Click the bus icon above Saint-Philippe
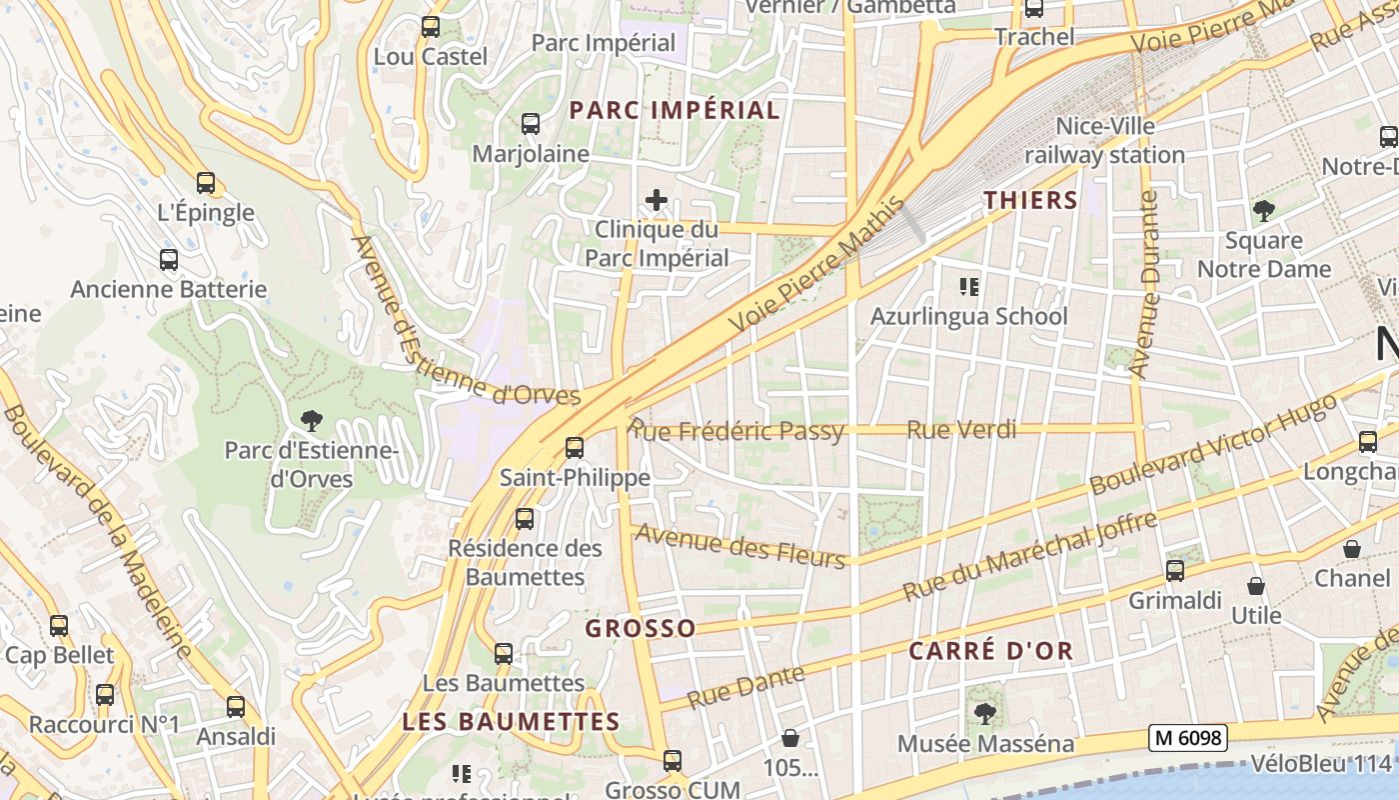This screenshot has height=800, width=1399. coord(574,448)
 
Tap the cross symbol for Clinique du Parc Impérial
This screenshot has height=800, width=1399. coord(657,200)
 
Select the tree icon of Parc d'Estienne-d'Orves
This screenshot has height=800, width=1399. coord(311,420)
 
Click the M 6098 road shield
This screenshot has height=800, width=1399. coord(1187,738)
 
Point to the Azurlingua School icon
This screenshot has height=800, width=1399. coord(968,287)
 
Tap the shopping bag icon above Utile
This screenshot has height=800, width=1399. coord(1256,586)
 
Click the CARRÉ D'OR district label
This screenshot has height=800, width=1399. coord(990,651)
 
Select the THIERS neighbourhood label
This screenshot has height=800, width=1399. coord(1030,200)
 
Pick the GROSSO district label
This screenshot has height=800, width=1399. coord(640,628)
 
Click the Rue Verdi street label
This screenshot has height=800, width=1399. coord(961,430)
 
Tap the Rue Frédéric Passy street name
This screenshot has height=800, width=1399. coord(737,431)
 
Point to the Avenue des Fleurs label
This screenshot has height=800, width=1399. coord(740,545)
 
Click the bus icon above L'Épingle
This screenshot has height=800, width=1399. coord(206,183)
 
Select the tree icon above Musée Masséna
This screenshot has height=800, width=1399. coord(984,714)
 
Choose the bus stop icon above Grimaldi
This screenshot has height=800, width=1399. coord(1175,571)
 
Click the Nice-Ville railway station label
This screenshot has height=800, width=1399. coord(1104,141)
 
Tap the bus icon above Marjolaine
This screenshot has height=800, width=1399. coord(531,124)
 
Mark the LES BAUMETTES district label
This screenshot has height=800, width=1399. coord(511,721)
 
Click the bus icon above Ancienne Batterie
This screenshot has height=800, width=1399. coord(169,260)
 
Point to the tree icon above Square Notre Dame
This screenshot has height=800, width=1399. coord(1264,211)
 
